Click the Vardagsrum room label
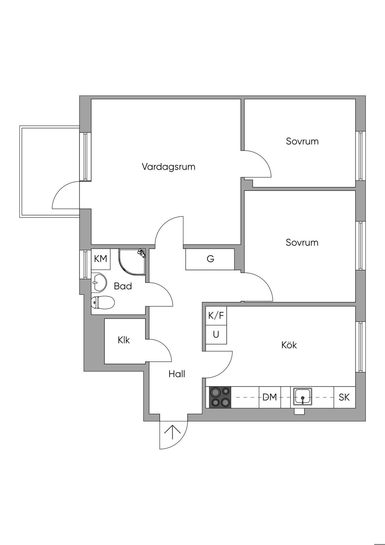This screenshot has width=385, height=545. (x=168, y=167)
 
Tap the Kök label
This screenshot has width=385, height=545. (x=289, y=345)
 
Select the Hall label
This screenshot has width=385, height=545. (x=177, y=374)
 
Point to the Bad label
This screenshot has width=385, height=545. (x=123, y=286)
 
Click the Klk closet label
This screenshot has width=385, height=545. (x=124, y=340)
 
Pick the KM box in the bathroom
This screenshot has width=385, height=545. (x=100, y=259)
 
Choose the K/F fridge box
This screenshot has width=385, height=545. (x=216, y=316)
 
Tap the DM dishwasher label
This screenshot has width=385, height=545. (x=270, y=397)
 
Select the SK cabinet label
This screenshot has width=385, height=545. (x=344, y=397)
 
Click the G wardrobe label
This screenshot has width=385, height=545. (x=210, y=259)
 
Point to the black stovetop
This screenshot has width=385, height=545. (x=220, y=397)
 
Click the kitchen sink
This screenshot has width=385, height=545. (x=302, y=397)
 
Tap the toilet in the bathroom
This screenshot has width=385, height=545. (x=103, y=302)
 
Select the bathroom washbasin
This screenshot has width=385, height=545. (x=99, y=282)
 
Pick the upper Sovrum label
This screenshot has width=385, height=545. (x=302, y=142)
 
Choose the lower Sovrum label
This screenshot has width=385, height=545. (x=302, y=242)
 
